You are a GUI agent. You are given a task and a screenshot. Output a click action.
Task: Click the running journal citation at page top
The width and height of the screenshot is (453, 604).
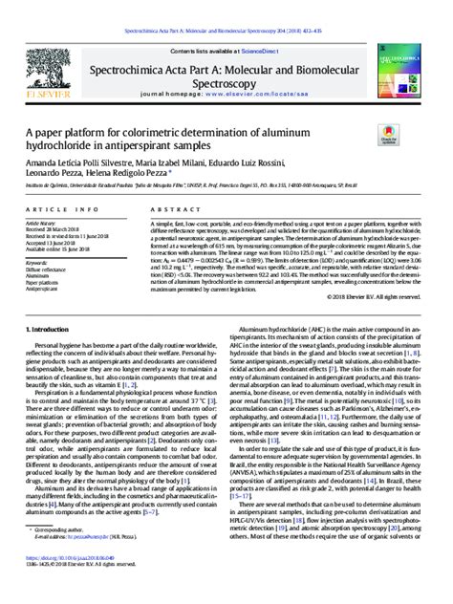tap(226, 6)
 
